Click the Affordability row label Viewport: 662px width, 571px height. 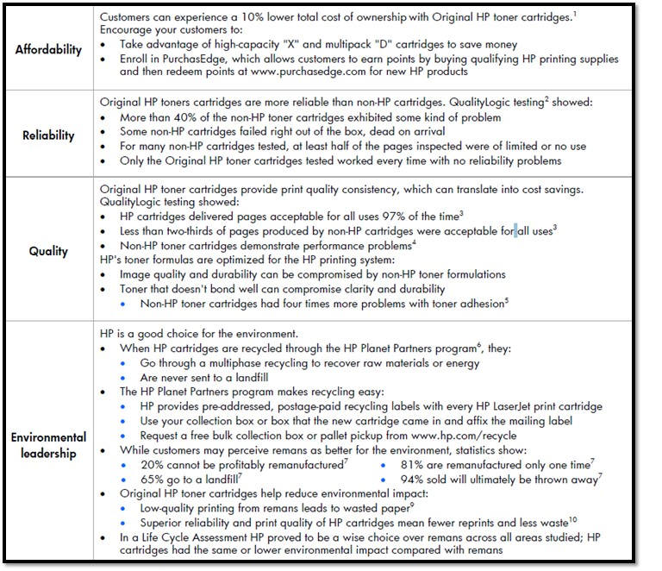48,49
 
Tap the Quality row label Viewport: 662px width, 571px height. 48,251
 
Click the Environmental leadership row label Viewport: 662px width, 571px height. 49,445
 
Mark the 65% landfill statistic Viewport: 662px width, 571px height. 152,478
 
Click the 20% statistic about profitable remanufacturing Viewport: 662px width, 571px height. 152,464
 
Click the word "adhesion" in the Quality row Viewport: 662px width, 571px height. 477,303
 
